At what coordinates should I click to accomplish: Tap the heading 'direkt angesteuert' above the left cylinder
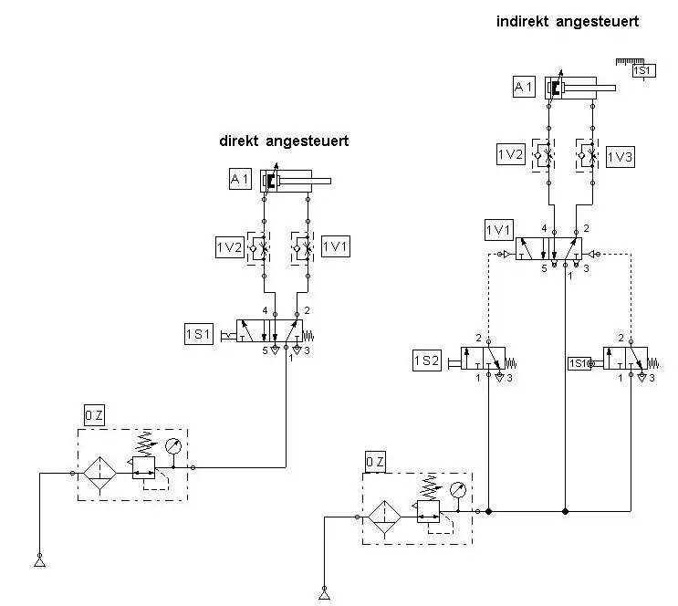click(284, 141)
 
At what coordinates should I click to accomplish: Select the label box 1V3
click(621, 157)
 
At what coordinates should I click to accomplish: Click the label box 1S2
click(427, 360)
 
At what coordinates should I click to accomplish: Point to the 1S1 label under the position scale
click(644, 70)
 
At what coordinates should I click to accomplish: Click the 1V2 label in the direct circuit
click(230, 247)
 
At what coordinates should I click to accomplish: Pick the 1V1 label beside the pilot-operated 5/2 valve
click(498, 230)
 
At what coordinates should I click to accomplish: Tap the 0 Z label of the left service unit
click(94, 415)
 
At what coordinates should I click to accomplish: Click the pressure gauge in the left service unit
click(173, 446)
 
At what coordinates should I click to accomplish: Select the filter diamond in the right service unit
click(384, 517)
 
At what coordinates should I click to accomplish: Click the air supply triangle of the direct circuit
click(39, 562)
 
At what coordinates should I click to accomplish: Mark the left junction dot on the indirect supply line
click(488, 511)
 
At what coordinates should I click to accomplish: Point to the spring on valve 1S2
click(511, 362)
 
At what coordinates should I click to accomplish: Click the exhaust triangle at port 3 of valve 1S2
click(500, 377)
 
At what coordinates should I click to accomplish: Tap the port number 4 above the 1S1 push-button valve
click(265, 310)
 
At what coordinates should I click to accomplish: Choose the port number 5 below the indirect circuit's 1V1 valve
click(545, 268)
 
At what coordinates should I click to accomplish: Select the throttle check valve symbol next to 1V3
click(587, 155)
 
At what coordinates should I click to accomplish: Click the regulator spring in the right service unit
click(431, 487)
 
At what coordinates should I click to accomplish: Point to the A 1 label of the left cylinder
click(240, 179)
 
